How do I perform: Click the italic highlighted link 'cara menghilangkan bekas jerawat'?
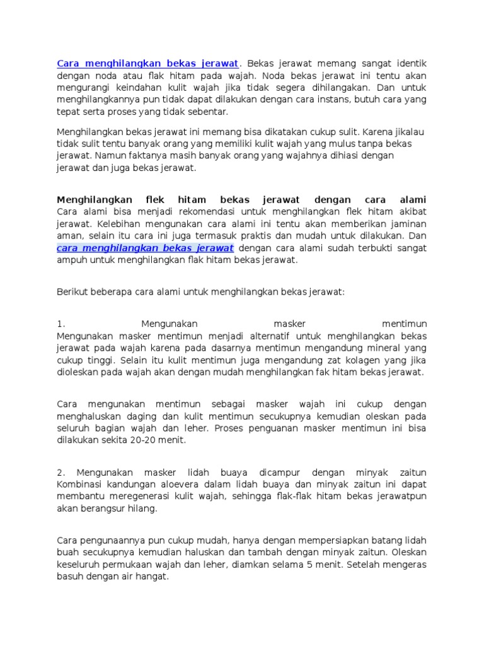tap(145, 248)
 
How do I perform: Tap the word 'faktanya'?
tap(137, 155)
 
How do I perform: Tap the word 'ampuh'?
tap(70, 260)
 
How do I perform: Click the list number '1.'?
tap(60, 324)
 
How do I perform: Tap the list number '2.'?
tap(60, 472)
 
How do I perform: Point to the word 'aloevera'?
tap(173, 484)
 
